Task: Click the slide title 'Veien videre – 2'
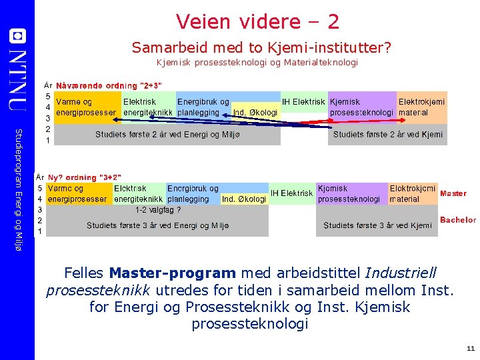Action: pyautogui.click(x=257, y=21)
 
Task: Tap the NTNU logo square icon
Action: pyautogui.click(x=18, y=35)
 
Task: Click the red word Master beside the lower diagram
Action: pyautogui.click(x=453, y=193)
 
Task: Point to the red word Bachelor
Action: pyautogui.click(x=457, y=220)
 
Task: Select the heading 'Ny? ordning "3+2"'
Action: pyautogui.click(x=84, y=177)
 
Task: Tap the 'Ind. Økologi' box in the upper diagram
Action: pyautogui.click(x=255, y=113)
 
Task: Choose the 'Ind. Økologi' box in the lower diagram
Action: pyautogui.click(x=244, y=199)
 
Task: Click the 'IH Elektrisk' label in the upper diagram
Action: pyautogui.click(x=303, y=102)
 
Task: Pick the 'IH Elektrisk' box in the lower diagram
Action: pyautogui.click(x=291, y=193)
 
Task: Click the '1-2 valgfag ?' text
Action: pyautogui.click(x=158, y=209)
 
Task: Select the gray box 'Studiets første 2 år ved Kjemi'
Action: pyautogui.click(x=388, y=135)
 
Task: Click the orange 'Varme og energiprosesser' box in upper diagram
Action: pyautogui.click(x=87, y=107)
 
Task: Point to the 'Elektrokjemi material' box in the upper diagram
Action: pyautogui.click(x=421, y=107)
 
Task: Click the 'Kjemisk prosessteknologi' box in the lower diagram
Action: pyautogui.click(x=350, y=193)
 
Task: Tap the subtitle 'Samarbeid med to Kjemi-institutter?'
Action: pyautogui.click(x=261, y=47)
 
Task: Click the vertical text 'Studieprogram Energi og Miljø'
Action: pyautogui.click(x=19, y=180)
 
